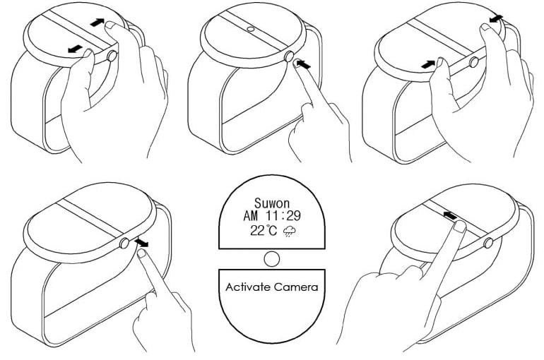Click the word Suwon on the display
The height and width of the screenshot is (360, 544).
click(272, 203)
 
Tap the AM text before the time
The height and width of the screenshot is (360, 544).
click(251, 216)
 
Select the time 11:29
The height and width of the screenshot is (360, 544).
click(283, 216)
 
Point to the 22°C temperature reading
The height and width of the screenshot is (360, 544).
click(264, 230)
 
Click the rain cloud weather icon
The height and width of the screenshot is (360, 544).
click(290, 231)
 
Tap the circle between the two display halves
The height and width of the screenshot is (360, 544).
click(272, 259)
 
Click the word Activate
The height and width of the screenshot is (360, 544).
click(248, 287)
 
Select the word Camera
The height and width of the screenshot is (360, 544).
click(295, 287)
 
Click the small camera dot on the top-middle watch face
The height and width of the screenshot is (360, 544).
click(251, 29)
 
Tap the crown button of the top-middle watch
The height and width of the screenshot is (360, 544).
click(289, 56)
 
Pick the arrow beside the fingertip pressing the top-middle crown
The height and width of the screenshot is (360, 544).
click(304, 64)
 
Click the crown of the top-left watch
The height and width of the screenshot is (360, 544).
click(112, 56)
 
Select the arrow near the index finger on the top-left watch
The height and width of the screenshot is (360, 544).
click(97, 23)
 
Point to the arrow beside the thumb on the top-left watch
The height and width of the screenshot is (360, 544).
click(76, 49)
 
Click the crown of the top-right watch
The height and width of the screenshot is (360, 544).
click(473, 62)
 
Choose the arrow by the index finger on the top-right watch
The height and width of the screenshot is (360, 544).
click(496, 19)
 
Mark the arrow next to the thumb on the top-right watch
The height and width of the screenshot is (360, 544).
click(427, 64)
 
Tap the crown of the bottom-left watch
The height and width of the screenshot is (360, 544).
click(124, 244)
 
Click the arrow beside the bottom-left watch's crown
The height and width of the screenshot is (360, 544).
click(141, 242)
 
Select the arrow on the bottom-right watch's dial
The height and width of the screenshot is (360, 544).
click(450, 215)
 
